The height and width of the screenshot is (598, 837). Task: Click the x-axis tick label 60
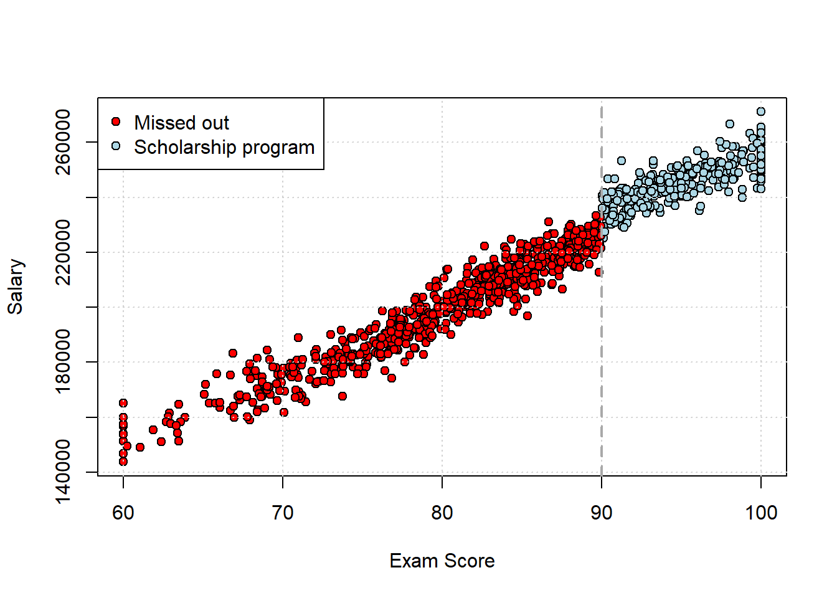[x=123, y=513]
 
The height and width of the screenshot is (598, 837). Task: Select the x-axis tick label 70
[x=283, y=513]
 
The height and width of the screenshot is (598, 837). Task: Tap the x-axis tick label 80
[x=442, y=513]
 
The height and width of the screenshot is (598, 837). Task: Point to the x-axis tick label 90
[x=602, y=513]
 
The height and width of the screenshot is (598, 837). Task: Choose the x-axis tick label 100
[x=761, y=513]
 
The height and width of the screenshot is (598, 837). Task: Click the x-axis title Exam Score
[x=442, y=561]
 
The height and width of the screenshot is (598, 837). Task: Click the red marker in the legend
[x=116, y=121]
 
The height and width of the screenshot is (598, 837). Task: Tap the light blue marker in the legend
[x=116, y=146]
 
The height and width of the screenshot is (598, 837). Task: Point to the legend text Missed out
[x=181, y=123]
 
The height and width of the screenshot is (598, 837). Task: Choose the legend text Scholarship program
[x=224, y=148]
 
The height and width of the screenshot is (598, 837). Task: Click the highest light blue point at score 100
[x=761, y=112]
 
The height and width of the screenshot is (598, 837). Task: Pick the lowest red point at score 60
[x=123, y=462]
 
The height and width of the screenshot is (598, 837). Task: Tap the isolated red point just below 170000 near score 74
[x=342, y=396]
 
